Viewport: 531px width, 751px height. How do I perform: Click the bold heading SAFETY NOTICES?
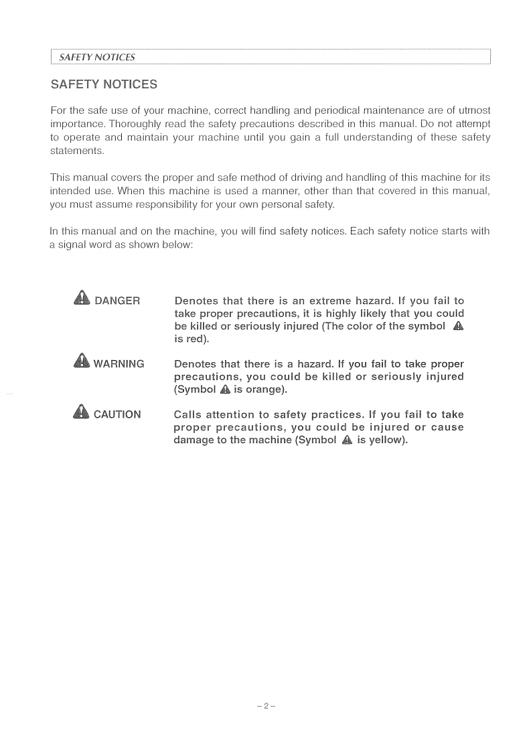point(104,85)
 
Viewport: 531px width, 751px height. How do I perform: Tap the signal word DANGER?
point(117,301)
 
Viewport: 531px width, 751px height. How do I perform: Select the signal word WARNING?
point(119,365)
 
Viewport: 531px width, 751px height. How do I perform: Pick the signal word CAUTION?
point(117,415)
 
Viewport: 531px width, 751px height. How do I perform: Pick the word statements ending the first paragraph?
point(76,151)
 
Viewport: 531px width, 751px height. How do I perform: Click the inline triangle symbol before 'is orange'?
point(225,390)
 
